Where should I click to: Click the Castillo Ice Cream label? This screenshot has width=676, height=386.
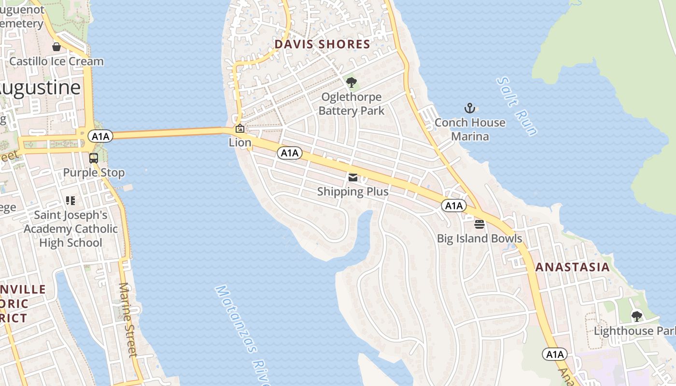pyautogui.click(x=56, y=61)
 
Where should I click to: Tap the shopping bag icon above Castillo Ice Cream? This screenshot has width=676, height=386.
pyautogui.click(x=56, y=47)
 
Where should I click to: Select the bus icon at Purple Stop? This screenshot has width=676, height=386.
pyautogui.click(x=94, y=158)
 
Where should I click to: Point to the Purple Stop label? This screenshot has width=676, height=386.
pyautogui.click(x=94, y=173)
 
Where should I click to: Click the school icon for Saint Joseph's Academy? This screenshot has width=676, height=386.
pyautogui.click(x=70, y=200)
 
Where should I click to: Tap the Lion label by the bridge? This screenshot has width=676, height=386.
pyautogui.click(x=240, y=143)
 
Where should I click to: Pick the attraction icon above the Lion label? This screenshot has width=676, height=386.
pyautogui.click(x=239, y=128)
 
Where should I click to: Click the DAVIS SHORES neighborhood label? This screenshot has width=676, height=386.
pyautogui.click(x=322, y=45)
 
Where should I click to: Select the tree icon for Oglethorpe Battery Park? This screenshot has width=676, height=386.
pyautogui.click(x=352, y=82)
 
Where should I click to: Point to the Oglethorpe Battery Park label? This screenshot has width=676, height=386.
pyautogui.click(x=352, y=104)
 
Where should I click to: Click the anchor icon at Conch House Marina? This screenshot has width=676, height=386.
pyautogui.click(x=469, y=108)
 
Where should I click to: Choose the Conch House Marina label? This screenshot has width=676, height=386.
pyautogui.click(x=470, y=129)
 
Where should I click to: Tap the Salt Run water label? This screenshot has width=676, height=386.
pyautogui.click(x=517, y=107)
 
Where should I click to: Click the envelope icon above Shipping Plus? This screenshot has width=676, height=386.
pyautogui.click(x=352, y=178)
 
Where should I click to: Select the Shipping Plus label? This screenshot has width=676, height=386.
pyautogui.click(x=352, y=192)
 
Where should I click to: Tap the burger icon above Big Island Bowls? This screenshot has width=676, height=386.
pyautogui.click(x=479, y=224)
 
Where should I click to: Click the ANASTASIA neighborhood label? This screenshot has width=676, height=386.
pyautogui.click(x=573, y=267)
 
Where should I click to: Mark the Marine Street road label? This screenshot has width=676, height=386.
pyautogui.click(x=128, y=319)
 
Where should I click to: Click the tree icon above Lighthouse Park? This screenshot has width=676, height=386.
pyautogui.click(x=637, y=317)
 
